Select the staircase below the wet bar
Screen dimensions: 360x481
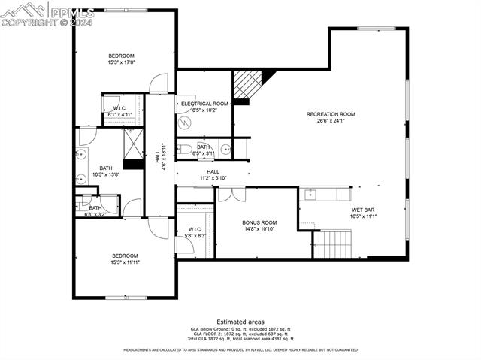point(331,244)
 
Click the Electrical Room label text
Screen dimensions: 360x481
point(204,104)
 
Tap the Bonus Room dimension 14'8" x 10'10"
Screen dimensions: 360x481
point(259,228)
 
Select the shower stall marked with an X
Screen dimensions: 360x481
point(133,144)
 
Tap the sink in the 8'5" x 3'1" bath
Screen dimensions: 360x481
point(225,149)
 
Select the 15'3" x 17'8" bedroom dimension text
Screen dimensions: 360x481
point(121,62)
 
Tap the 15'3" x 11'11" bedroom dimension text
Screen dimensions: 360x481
point(125,262)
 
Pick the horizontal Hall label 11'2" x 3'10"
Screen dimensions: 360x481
point(213,175)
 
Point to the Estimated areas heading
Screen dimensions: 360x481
point(240,322)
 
